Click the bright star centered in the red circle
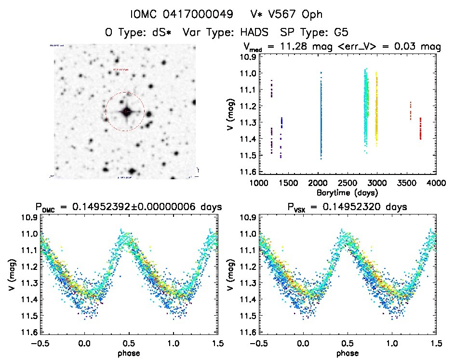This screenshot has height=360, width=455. click(x=126, y=112)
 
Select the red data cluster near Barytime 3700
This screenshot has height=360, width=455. click(x=420, y=128)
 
